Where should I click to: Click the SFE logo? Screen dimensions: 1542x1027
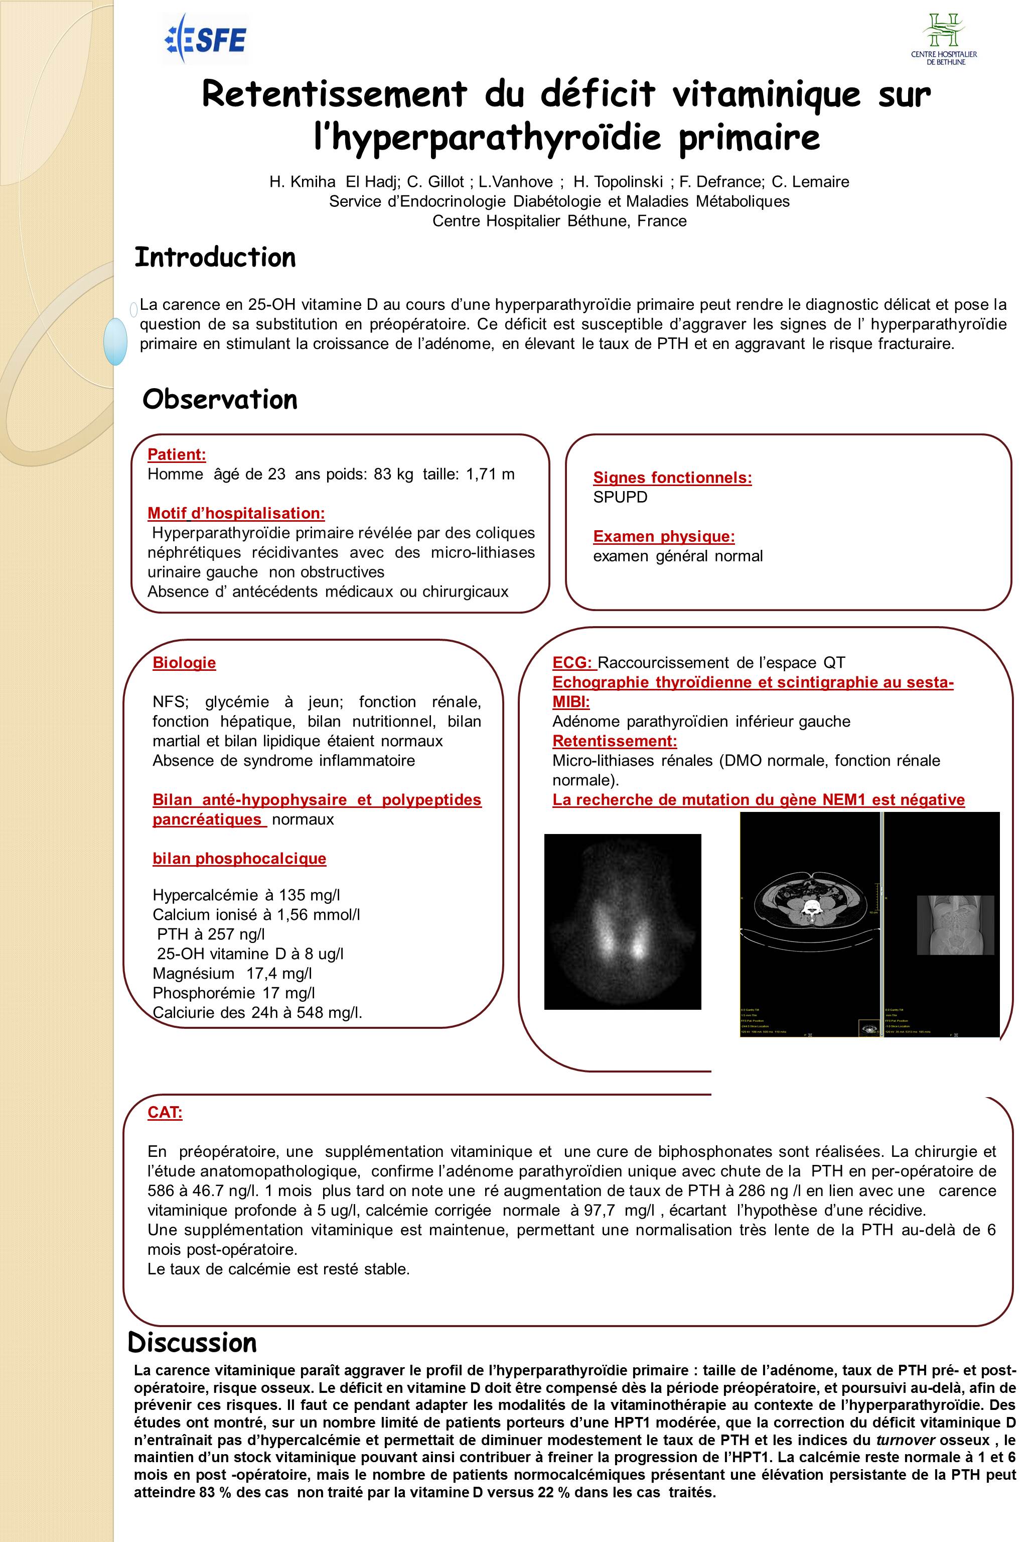(x=205, y=39)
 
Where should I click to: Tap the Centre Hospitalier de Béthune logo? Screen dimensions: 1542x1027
(x=943, y=39)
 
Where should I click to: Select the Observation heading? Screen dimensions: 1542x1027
(x=220, y=399)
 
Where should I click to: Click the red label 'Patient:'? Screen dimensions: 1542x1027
(x=177, y=454)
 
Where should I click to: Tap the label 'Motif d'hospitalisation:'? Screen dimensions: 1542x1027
(x=236, y=513)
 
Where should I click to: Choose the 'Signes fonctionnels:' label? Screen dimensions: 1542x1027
(x=672, y=478)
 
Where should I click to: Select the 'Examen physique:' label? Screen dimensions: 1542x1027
(x=663, y=537)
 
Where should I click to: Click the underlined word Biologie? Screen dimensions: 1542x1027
(x=184, y=662)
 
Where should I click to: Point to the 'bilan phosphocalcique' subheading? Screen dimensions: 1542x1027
(x=239, y=859)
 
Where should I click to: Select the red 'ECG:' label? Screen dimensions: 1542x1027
(x=572, y=662)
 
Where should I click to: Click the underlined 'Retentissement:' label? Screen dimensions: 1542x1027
(x=615, y=741)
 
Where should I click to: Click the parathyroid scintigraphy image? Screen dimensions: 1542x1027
(x=622, y=921)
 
